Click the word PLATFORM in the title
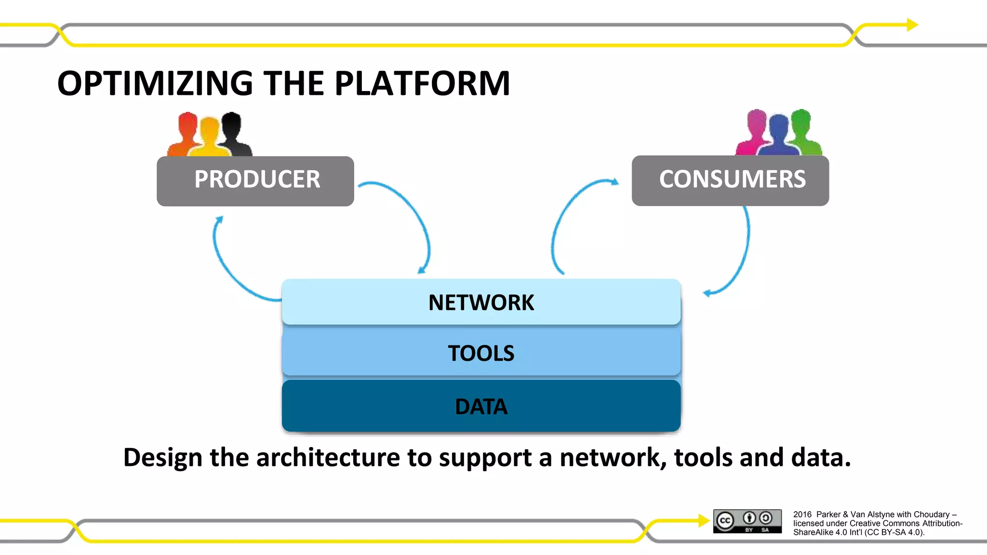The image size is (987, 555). pyautogui.click(x=422, y=83)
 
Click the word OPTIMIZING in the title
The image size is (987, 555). pyautogui.click(x=155, y=83)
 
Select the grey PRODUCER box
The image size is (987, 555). pyautogui.click(x=255, y=181)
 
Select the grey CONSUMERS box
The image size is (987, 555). pyautogui.click(x=730, y=180)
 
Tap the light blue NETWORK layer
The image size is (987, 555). pyautogui.click(x=481, y=302)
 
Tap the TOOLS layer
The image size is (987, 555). pyautogui.click(x=481, y=353)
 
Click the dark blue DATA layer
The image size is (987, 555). pyautogui.click(x=481, y=406)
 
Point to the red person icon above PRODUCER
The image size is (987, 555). pyautogui.click(x=186, y=132)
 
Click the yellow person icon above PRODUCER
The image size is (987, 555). pyautogui.click(x=209, y=137)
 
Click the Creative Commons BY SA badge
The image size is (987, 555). pyautogui.click(x=747, y=521)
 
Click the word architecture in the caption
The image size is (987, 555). pyautogui.click(x=328, y=457)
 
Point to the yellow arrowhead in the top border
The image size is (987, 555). pyautogui.click(x=912, y=25)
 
